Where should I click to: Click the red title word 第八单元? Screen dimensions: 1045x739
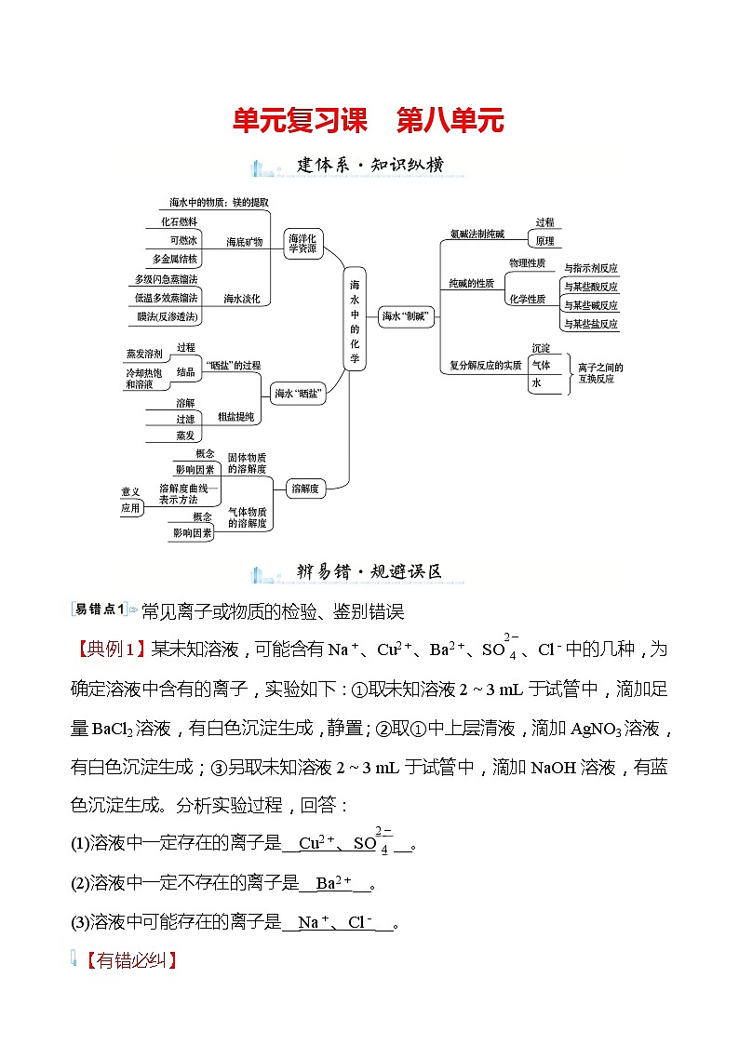[450, 121]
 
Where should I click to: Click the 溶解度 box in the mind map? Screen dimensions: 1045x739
[306, 488]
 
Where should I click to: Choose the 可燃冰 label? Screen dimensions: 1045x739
[176, 240]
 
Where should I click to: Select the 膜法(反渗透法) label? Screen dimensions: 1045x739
[168, 317]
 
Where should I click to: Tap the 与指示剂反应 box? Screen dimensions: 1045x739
[590, 268]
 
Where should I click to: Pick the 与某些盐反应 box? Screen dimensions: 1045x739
[590, 324]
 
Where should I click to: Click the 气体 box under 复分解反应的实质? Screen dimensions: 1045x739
[542, 366]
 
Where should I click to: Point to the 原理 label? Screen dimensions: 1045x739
[544, 241]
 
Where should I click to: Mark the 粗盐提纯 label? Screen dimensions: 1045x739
[235, 418]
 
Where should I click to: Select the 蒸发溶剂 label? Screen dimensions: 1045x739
[144, 355]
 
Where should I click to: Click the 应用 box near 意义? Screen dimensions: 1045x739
[129, 508]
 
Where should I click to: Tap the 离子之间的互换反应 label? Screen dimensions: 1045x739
[600, 373]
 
